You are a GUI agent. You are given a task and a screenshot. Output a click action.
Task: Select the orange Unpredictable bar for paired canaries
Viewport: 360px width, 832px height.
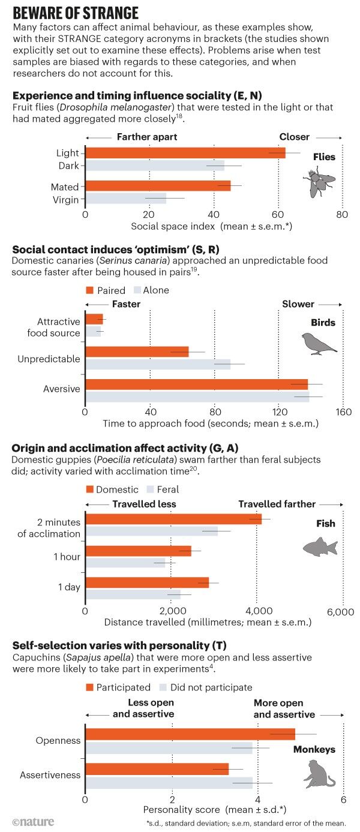(x=137, y=352)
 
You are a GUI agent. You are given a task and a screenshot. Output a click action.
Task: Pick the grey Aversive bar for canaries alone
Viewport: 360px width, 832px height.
(x=197, y=397)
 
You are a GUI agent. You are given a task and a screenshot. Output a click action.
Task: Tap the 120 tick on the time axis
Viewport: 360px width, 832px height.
(x=277, y=412)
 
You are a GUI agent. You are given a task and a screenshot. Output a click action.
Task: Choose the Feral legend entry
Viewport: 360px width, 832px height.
(x=163, y=489)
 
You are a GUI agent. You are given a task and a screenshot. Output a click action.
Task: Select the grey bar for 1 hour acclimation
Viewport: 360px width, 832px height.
(x=125, y=563)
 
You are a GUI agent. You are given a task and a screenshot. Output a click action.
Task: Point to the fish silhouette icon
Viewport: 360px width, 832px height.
(x=320, y=546)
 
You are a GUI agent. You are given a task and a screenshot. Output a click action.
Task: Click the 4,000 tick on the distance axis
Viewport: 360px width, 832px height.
(x=257, y=611)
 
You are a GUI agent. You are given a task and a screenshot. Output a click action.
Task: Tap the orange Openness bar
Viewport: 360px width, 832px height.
(x=191, y=734)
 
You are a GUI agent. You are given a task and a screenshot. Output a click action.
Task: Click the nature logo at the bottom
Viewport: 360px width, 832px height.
(x=33, y=821)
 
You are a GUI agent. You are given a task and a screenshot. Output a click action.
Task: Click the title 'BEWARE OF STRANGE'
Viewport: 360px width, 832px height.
(x=76, y=13)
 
